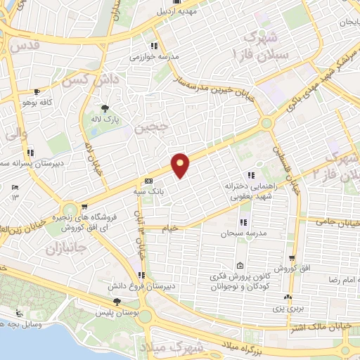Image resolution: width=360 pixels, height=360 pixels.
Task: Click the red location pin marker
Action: click(x=181, y=166)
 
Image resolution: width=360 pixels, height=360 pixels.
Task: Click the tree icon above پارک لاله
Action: click(x=105, y=108)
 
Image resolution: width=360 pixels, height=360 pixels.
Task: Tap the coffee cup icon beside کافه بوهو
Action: click(x=37, y=91)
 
